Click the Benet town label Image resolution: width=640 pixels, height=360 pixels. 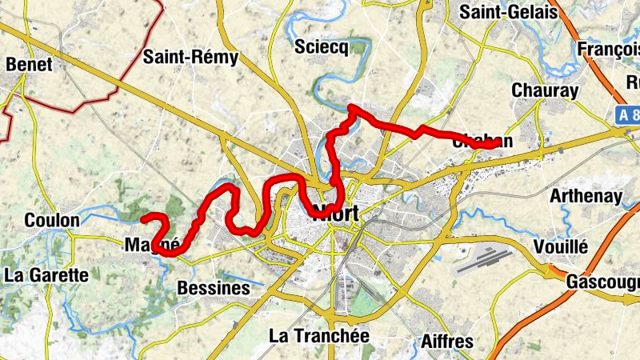(x=29, y=65)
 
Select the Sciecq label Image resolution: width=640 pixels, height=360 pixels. (x=322, y=47)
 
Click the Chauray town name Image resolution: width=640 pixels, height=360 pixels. (x=544, y=90)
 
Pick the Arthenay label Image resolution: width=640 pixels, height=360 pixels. (x=586, y=196)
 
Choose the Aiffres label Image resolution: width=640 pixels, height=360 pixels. (x=446, y=342)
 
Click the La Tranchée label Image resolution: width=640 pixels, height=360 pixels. (x=319, y=336)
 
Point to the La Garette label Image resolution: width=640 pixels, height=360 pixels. (x=46, y=275)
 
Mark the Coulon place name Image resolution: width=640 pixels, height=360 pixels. (x=52, y=220)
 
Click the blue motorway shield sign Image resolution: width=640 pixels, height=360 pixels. (x=628, y=114)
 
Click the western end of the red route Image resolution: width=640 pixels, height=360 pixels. (x=143, y=218)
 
